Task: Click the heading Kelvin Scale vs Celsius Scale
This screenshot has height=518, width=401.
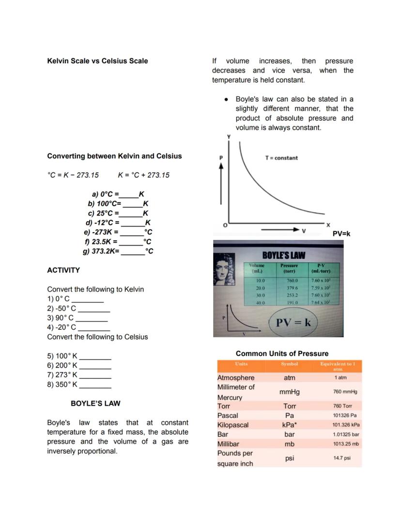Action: coord(97,61)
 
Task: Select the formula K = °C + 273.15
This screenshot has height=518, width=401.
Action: coord(143,175)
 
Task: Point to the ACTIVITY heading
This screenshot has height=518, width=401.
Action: coord(63,270)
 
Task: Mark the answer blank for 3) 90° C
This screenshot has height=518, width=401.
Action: coord(92,318)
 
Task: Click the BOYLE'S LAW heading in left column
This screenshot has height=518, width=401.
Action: coord(95,403)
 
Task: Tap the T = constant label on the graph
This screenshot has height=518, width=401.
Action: coord(281,158)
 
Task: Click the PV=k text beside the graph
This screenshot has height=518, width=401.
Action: coord(341,234)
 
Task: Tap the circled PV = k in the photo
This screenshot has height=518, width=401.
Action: coord(293,323)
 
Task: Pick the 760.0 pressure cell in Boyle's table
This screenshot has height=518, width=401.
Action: coord(292,281)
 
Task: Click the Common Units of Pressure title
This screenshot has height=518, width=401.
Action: coord(282,354)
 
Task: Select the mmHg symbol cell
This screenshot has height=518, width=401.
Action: coord(289,392)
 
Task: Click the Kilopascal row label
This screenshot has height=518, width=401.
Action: coord(233,425)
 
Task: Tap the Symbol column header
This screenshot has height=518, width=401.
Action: coord(289,364)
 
